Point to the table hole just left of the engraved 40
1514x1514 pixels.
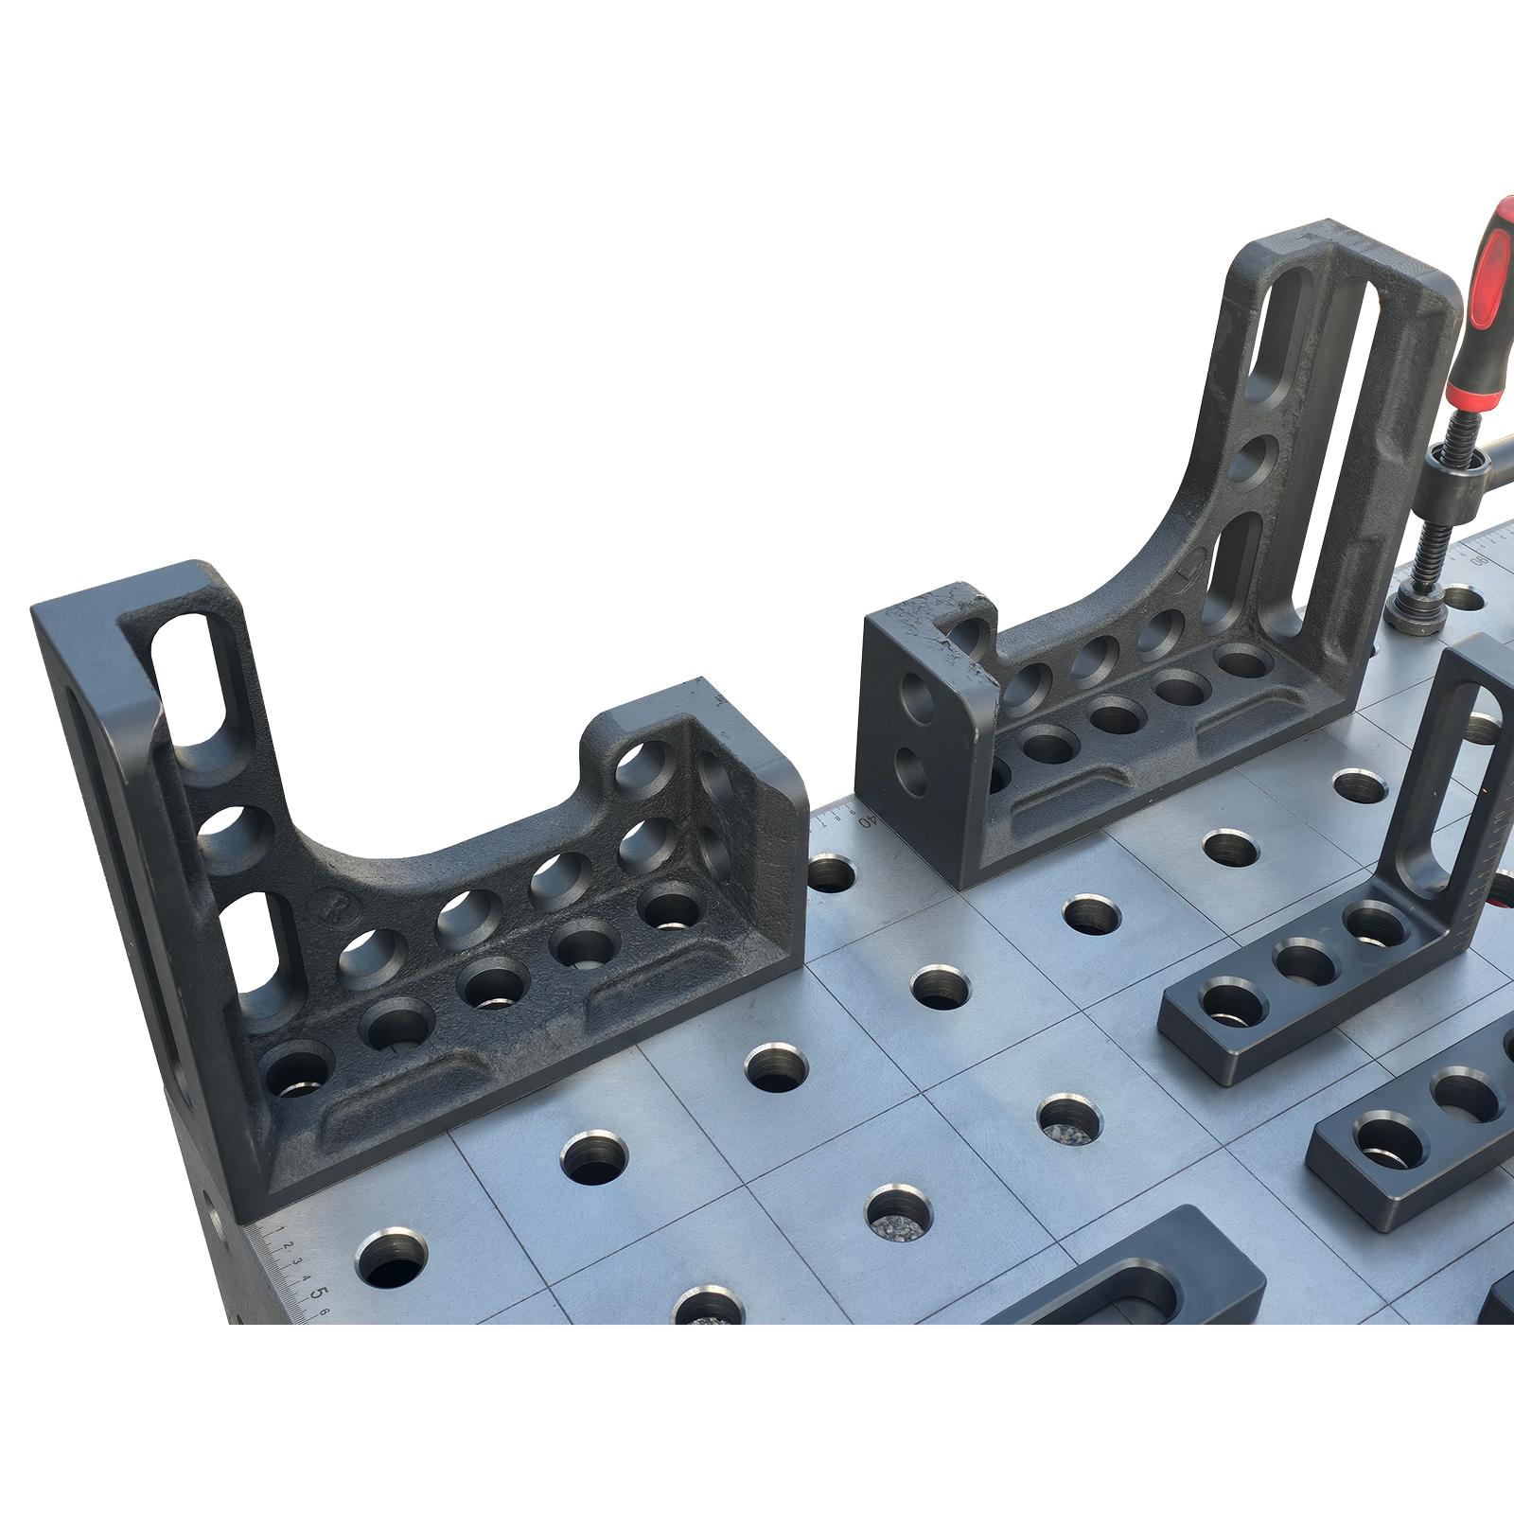tap(829, 872)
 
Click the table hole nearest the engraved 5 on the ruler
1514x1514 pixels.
tap(390, 1260)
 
